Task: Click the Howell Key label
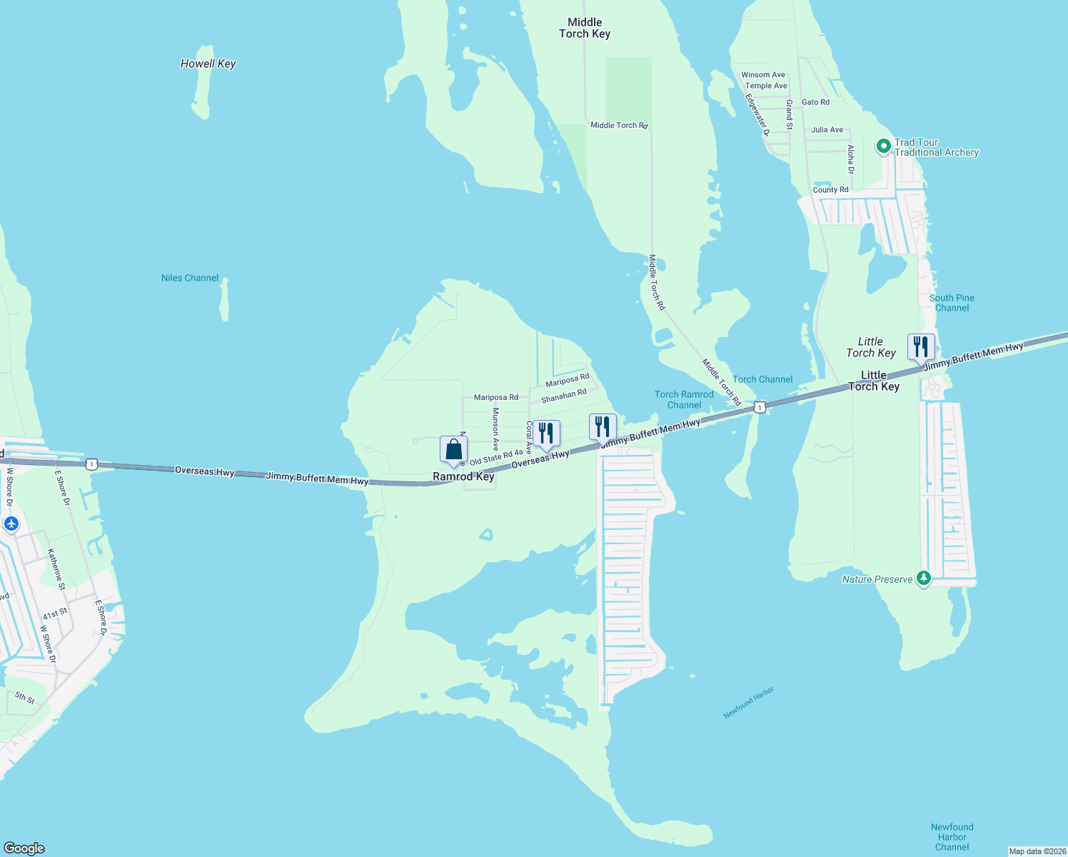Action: [208, 64]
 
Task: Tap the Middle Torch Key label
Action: [585, 28]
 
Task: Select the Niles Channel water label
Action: [190, 278]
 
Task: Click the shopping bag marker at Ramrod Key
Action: [453, 450]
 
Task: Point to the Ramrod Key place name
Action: [463, 476]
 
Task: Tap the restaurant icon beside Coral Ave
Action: [546, 433]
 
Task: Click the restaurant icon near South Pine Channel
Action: [921, 346]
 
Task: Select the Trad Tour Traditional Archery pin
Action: [883, 146]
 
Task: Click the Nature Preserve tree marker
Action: [924, 578]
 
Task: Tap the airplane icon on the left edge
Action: [11, 523]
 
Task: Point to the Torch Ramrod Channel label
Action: [684, 400]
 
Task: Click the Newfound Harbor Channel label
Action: [952, 837]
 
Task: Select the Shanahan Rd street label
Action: [563, 396]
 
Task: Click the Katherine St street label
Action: [56, 568]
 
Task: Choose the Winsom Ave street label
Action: [763, 75]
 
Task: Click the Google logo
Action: [24, 848]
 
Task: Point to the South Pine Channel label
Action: [952, 303]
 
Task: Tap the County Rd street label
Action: [830, 190]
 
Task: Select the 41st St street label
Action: [55, 613]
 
